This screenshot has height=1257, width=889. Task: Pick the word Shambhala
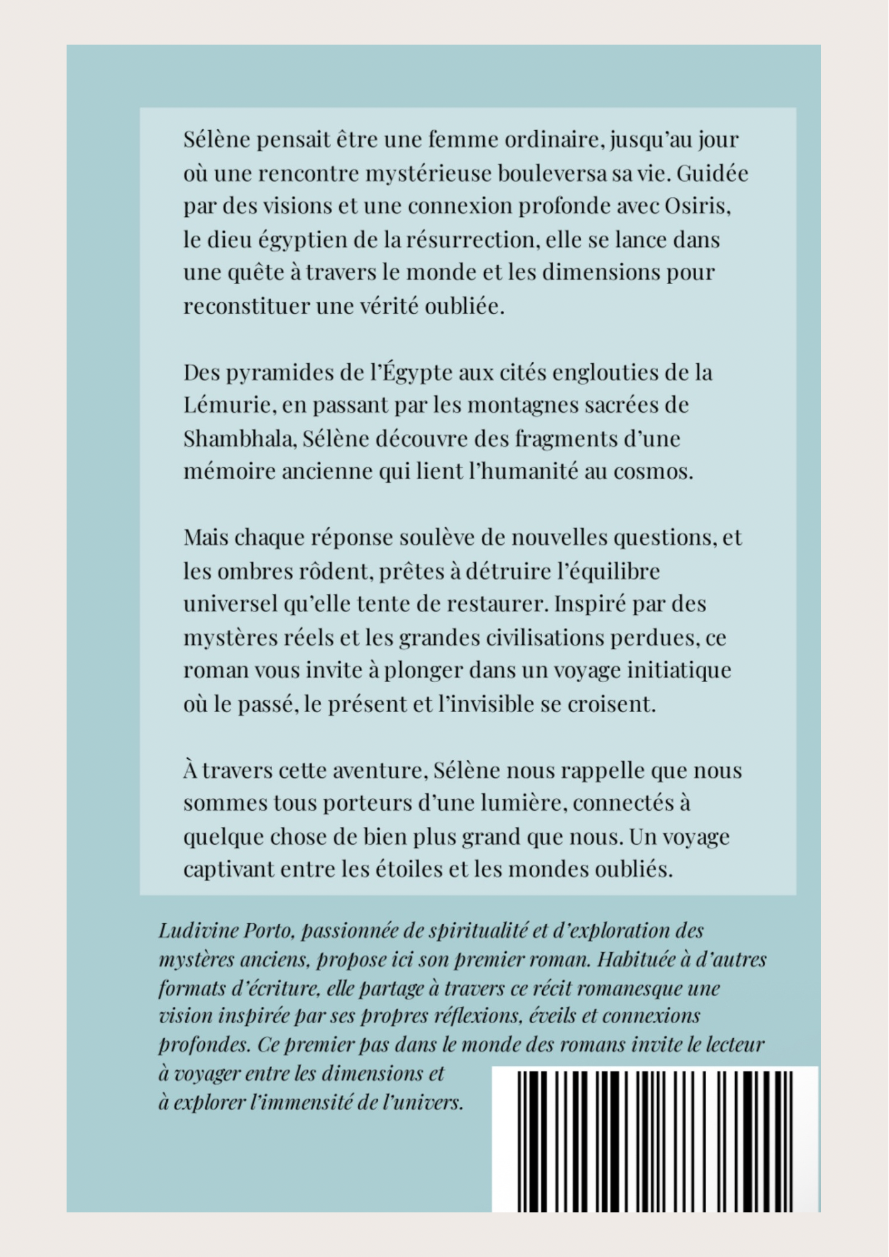click(x=239, y=439)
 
